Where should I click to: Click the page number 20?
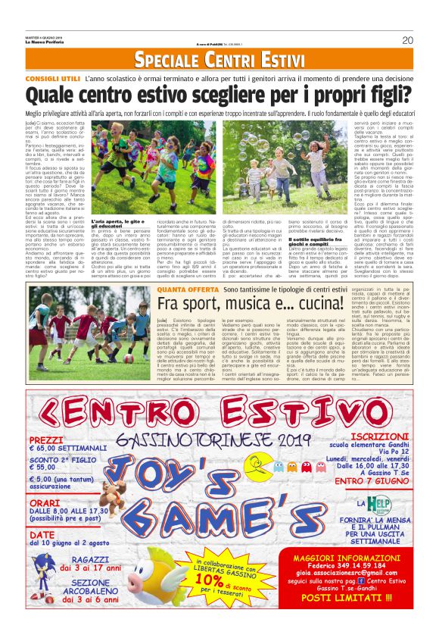click(407, 41)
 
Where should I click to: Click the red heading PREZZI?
click(47, 439)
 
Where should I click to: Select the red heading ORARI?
click(45, 502)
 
